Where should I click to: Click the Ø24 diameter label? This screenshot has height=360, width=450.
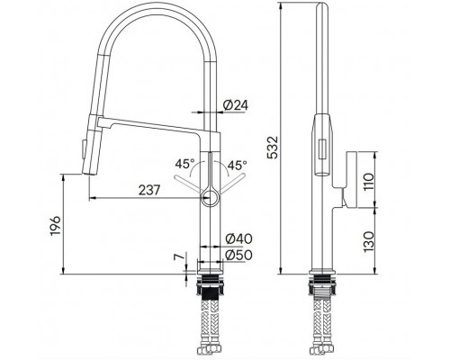[x=236, y=105]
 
